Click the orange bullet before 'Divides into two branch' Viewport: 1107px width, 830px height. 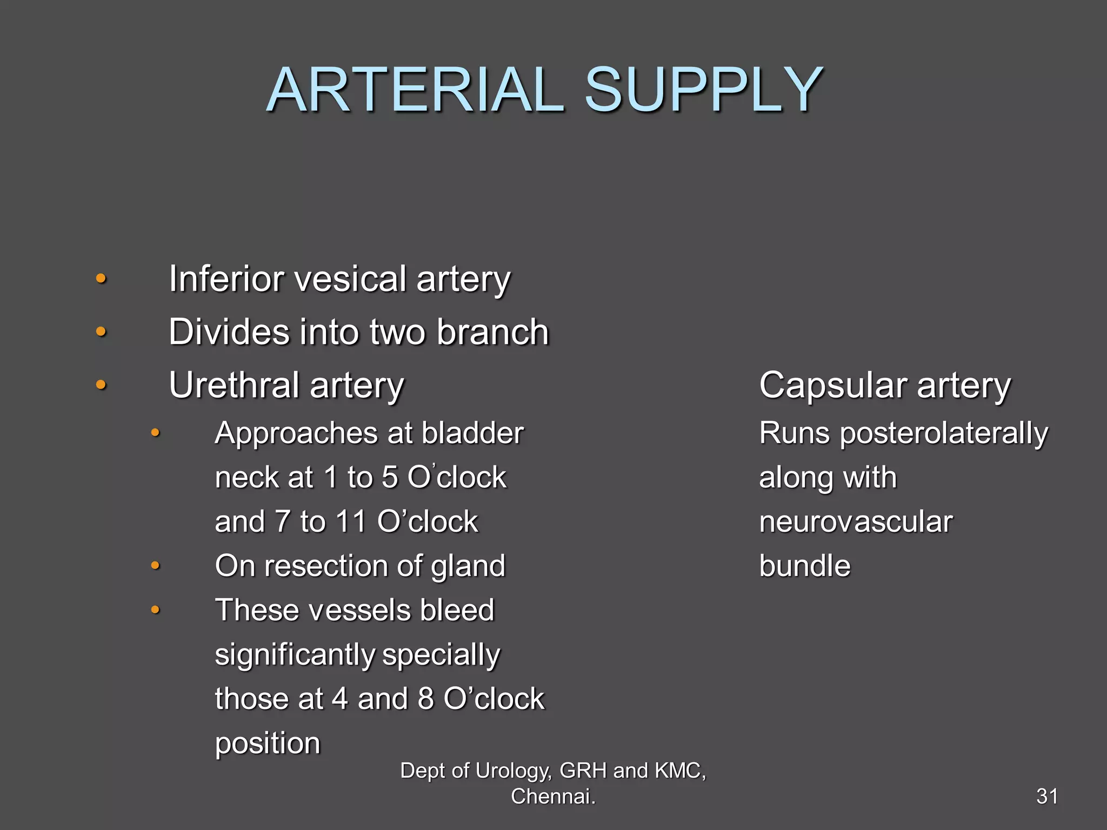click(101, 332)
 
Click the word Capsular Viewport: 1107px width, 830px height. click(833, 385)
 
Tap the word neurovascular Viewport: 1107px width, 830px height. click(856, 522)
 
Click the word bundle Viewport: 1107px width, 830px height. click(805, 566)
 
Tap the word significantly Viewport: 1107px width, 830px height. click(295, 655)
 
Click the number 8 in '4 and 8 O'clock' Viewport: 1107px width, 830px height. click(426, 699)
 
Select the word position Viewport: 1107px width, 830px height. click(268, 744)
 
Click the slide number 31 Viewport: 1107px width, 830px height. click(1047, 796)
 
